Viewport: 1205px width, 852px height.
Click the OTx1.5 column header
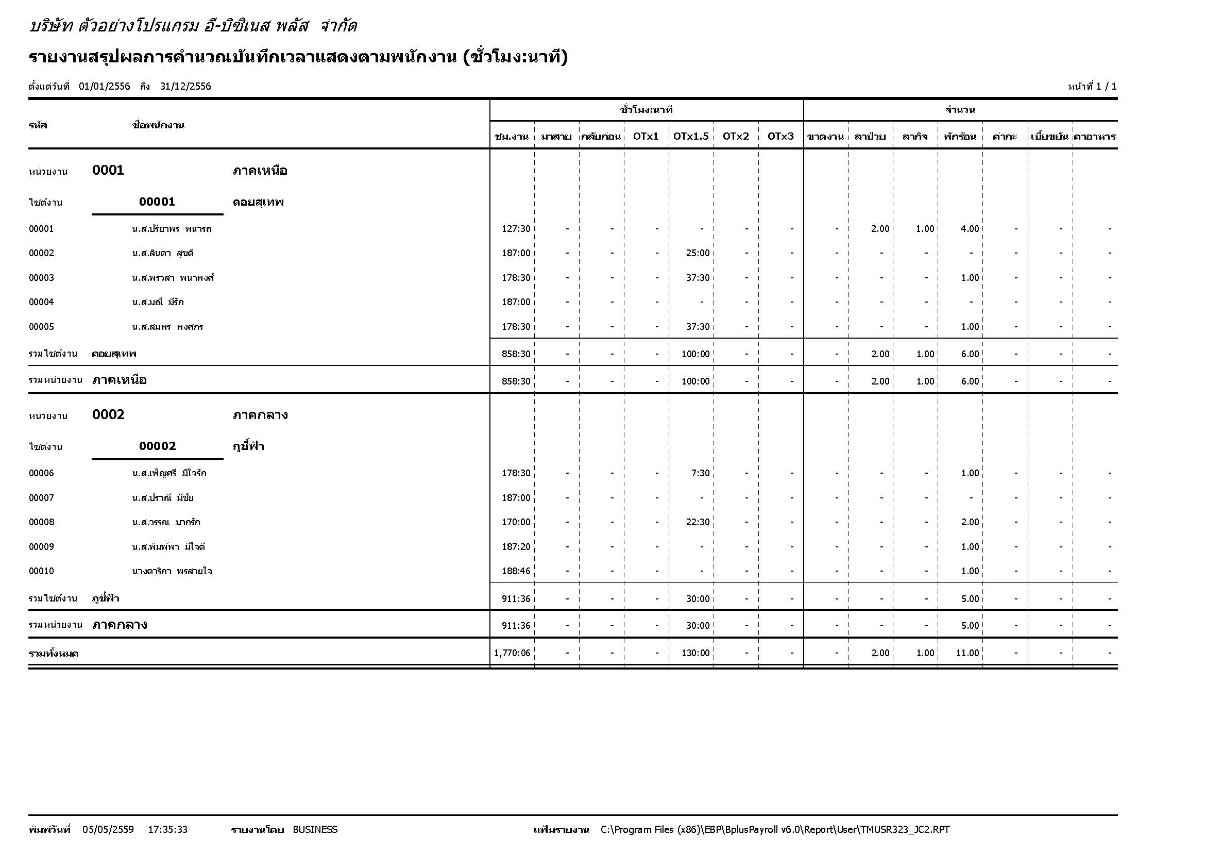coord(691,137)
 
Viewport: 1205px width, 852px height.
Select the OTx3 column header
coord(780,137)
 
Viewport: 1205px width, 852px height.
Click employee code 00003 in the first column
coord(41,278)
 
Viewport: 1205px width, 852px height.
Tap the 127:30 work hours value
coord(516,229)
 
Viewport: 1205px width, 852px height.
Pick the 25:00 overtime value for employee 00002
coord(698,253)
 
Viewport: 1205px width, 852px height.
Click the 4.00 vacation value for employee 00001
coord(970,229)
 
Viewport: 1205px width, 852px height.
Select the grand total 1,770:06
coord(512,653)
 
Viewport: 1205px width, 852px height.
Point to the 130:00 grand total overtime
coord(695,653)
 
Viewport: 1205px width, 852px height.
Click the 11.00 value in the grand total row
coord(968,653)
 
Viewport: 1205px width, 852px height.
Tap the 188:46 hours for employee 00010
coord(516,571)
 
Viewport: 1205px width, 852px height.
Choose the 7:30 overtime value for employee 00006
coord(700,473)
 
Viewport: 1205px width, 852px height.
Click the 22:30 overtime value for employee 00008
coord(698,522)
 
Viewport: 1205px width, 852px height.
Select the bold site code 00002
coord(158,446)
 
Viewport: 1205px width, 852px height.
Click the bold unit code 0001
coord(108,170)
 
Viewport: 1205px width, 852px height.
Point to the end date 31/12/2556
coord(185,87)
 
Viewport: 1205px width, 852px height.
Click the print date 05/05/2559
coord(108,829)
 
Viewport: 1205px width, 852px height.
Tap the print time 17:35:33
coord(167,829)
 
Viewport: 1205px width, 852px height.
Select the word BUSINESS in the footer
coord(315,829)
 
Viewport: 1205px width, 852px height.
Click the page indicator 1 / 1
coord(1106,87)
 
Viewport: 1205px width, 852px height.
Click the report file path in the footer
coord(775,829)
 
